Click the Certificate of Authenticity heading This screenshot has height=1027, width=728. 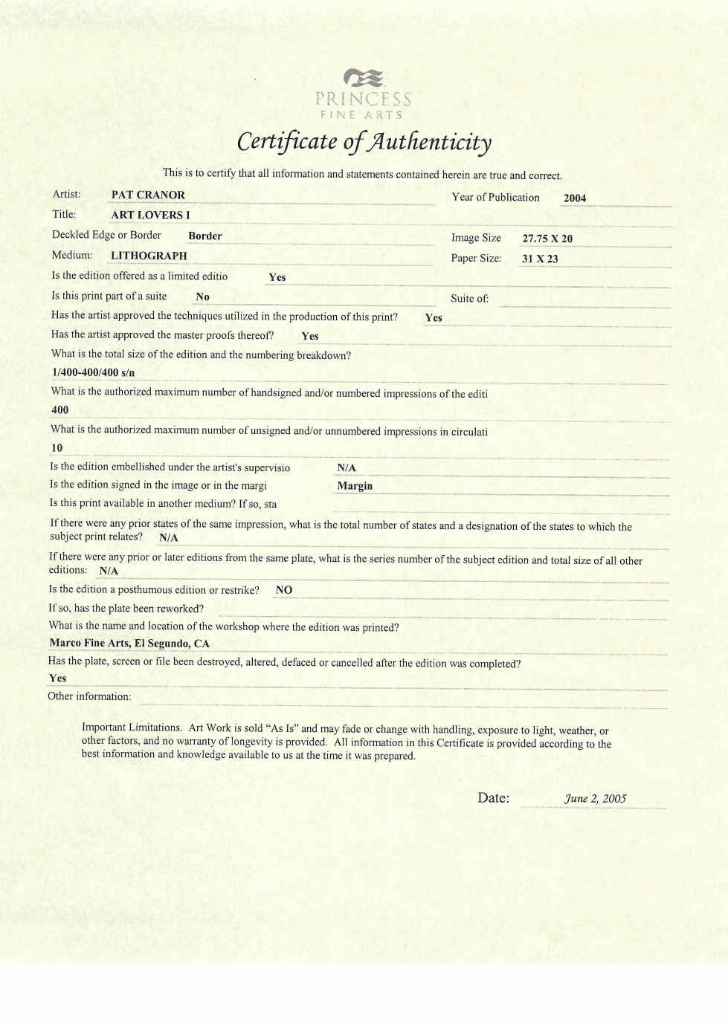pyautogui.click(x=364, y=141)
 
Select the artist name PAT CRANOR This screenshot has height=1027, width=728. pyautogui.click(x=148, y=195)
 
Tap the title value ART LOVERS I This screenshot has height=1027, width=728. pyautogui.click(x=150, y=215)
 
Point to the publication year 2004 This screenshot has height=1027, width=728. pyautogui.click(x=574, y=198)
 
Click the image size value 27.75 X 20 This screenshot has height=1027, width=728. pyautogui.click(x=547, y=239)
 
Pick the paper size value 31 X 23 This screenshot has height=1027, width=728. pyautogui.click(x=539, y=259)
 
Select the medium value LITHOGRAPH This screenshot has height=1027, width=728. pyautogui.click(x=149, y=256)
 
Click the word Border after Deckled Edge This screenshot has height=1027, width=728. pyautogui.click(x=204, y=236)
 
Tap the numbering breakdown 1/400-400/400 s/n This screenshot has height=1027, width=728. pyautogui.click(x=93, y=372)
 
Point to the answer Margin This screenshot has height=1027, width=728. pyautogui.click(x=354, y=486)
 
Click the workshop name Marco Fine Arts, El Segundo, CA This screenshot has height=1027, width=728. pyautogui.click(x=129, y=644)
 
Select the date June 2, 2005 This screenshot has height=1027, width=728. pyautogui.click(x=595, y=799)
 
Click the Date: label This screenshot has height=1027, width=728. pyautogui.click(x=493, y=798)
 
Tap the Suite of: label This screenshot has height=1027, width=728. pyautogui.click(x=469, y=299)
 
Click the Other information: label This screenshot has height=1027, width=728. pyautogui.click(x=89, y=696)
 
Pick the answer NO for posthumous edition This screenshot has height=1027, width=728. pyautogui.click(x=283, y=590)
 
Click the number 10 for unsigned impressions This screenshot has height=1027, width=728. pyautogui.click(x=57, y=448)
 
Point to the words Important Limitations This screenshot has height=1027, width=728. pyautogui.click(x=131, y=728)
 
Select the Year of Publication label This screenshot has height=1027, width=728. pyautogui.click(x=495, y=197)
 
